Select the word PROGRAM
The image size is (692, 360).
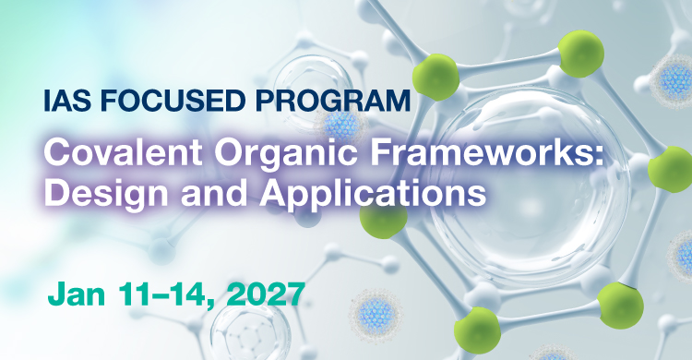point(333,101)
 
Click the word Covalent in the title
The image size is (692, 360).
point(123,153)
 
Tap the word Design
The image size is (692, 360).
point(106,196)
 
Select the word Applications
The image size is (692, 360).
point(373,196)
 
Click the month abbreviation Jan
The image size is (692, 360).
point(77,294)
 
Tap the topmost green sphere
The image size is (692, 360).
point(580,54)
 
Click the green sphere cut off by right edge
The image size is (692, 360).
point(671,170)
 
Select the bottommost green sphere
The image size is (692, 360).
point(477,330)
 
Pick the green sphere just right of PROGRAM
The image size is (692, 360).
point(435,78)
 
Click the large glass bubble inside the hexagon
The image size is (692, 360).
point(530,186)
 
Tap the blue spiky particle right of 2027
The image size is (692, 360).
point(376,315)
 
